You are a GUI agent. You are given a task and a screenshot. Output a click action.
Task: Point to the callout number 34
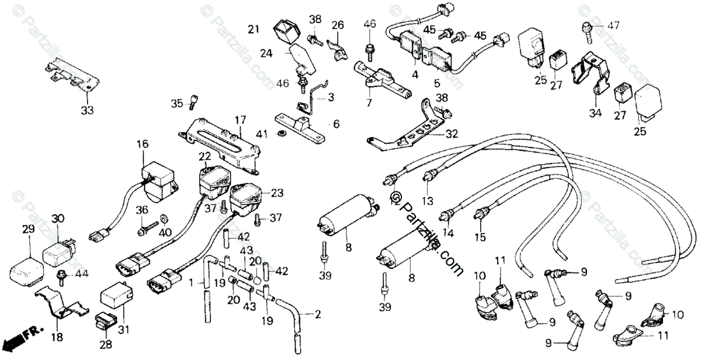point(595,113)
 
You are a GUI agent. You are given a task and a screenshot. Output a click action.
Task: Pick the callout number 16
point(143,144)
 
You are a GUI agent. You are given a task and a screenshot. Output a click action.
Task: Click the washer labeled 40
point(164,218)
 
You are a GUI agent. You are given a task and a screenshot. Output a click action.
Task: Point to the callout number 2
point(318,314)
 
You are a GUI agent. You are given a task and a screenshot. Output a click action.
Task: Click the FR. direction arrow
point(23,337)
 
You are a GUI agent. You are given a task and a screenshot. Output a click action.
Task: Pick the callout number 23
point(276,192)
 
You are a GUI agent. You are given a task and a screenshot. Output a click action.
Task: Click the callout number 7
point(369,103)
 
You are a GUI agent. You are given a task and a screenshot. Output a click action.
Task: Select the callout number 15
point(480,237)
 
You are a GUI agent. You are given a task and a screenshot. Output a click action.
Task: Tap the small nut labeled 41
point(281,134)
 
